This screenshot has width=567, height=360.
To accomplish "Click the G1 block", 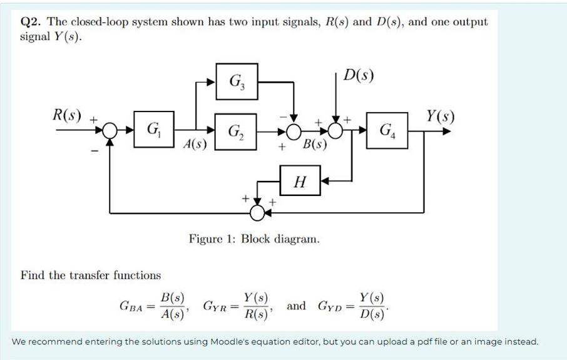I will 152,131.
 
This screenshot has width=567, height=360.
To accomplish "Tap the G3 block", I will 236,81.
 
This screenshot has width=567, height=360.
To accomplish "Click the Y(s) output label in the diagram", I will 440,116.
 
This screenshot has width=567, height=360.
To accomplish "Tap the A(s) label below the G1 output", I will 195,145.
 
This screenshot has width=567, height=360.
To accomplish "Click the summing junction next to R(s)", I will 110,131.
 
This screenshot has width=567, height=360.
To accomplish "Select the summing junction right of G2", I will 292,131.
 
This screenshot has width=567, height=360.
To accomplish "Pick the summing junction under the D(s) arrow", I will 336,131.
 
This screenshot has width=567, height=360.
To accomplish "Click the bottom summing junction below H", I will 257,213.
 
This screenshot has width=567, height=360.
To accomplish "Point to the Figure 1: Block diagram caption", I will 254,239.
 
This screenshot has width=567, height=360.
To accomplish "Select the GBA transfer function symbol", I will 131,307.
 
